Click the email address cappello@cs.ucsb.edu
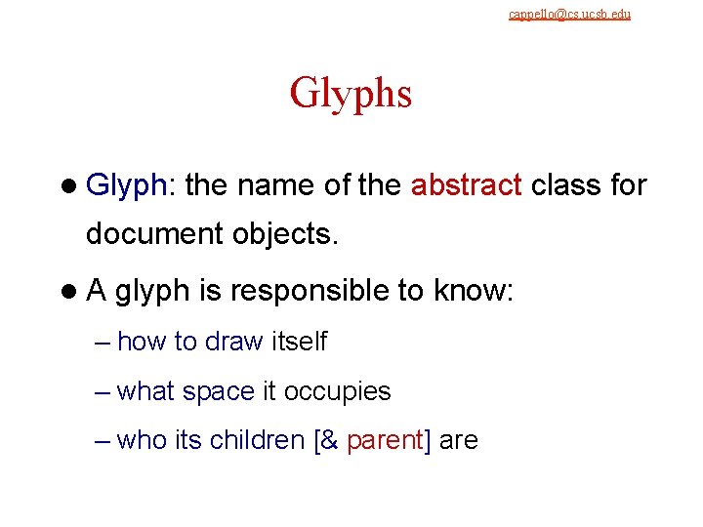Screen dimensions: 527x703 click(x=569, y=15)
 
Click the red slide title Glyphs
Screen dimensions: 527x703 click(x=351, y=94)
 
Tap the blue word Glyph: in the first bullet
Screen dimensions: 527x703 click(x=130, y=184)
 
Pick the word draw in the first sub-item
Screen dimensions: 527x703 click(x=234, y=342)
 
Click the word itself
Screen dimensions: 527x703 click(x=299, y=342)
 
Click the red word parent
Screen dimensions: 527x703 click(x=388, y=441)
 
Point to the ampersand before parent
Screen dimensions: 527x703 click(x=331, y=441)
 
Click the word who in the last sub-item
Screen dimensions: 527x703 click(x=143, y=440)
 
